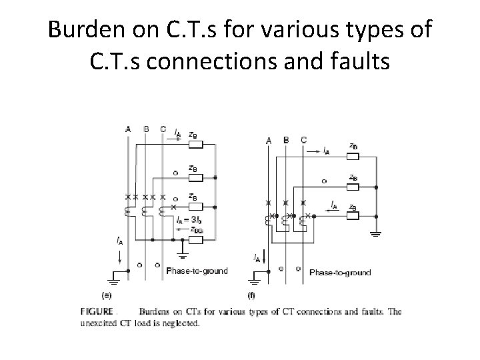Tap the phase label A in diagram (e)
pos(128,129)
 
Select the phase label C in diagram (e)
pos(163,129)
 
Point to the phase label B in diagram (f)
pos(286,140)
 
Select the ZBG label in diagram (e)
pos(196,229)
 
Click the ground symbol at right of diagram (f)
pos(377,234)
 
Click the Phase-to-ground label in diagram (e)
pos(197,271)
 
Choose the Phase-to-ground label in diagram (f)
pos(340,272)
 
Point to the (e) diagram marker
pos(106,294)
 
